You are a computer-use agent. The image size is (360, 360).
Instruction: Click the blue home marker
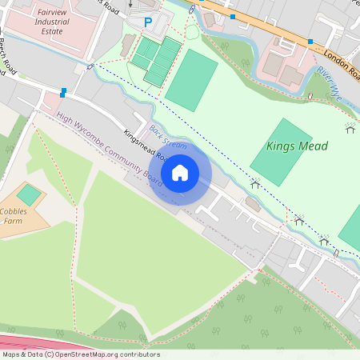click(180, 173)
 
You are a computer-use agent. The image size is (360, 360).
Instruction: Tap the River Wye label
click(328, 83)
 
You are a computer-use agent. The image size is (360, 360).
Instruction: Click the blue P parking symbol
click(147, 23)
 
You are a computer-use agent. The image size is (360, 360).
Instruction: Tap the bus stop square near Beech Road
click(62, 93)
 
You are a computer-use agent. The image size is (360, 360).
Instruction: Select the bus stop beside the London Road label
click(310, 41)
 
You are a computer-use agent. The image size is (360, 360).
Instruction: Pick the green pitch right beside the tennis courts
click(192, 80)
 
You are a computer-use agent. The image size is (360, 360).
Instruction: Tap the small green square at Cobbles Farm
click(30, 194)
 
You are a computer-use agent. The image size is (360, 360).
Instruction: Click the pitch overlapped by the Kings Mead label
click(281, 152)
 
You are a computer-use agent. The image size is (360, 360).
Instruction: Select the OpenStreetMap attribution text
click(81, 354)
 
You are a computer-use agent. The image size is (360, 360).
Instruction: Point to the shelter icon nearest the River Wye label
click(349, 126)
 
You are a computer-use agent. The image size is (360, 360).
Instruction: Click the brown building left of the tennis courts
click(128, 46)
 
